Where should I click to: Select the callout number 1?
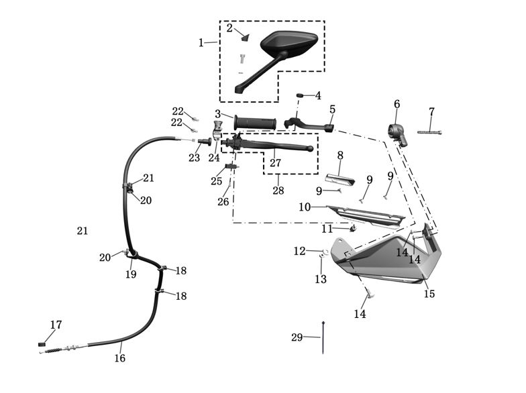201,43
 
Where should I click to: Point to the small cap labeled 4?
303,95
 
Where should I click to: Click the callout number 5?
332,109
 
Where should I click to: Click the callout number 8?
340,156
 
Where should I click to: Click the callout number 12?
299,251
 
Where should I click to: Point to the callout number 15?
429,294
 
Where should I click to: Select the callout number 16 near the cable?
119,358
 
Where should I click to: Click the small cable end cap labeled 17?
42,344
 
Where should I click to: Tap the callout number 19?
131,274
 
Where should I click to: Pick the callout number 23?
194,158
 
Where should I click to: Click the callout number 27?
276,163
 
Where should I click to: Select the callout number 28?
278,190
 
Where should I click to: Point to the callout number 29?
297,337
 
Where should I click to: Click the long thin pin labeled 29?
324,337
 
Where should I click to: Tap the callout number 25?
216,181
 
